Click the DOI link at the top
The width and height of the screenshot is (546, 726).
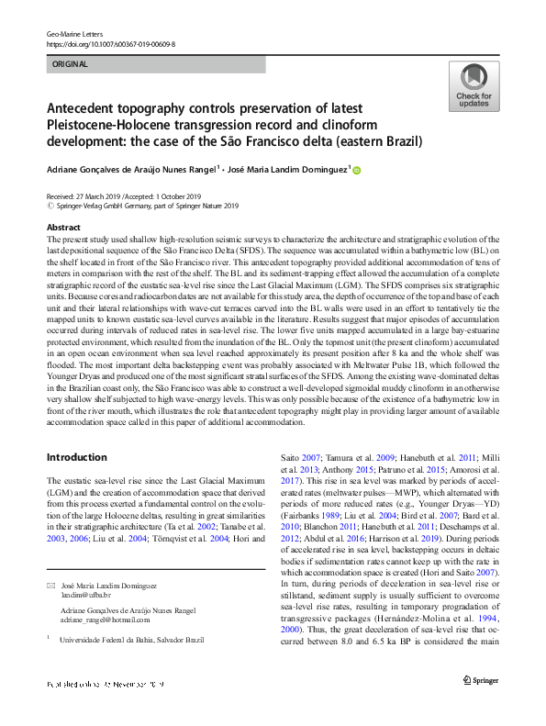pos(110,43)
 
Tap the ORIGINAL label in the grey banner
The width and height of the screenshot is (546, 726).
pos(71,64)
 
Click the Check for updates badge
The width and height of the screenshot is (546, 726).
pos(473,87)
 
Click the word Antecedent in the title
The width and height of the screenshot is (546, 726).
pos(86,109)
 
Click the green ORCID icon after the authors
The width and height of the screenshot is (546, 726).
pos(357,170)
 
